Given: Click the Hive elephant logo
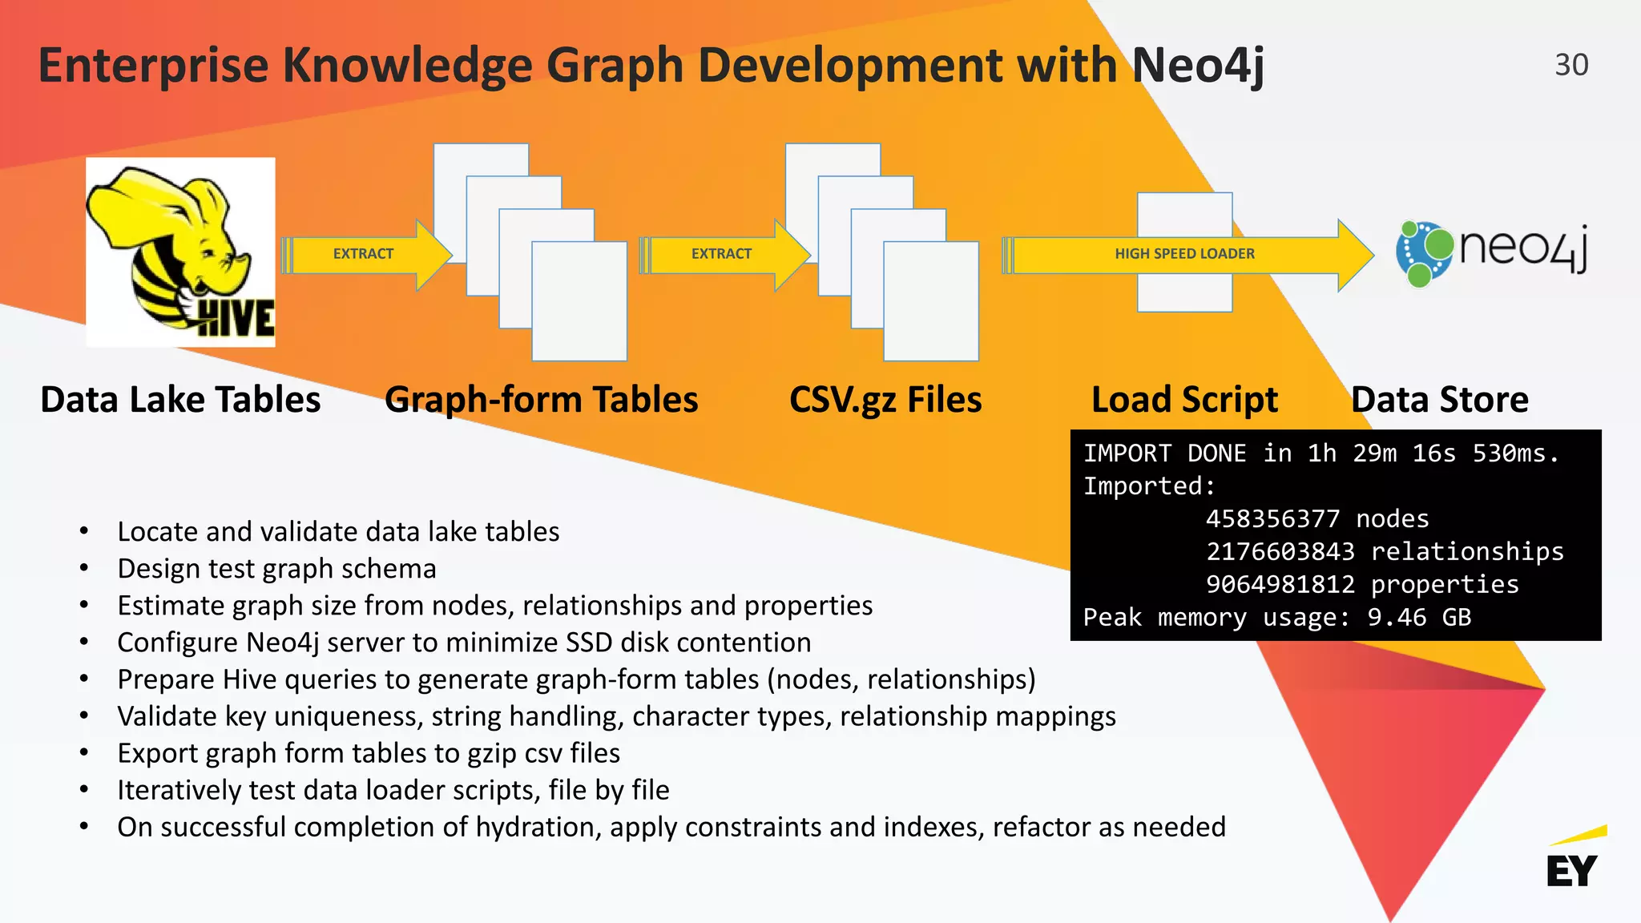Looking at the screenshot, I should pyautogui.click(x=180, y=252).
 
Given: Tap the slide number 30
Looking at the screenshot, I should pyautogui.click(x=1570, y=65).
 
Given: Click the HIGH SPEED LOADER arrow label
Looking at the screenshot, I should pyautogui.click(x=1184, y=254).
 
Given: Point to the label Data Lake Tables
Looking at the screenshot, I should pyautogui.click(x=180, y=400).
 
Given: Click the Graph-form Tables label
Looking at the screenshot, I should pyautogui.click(x=541, y=400).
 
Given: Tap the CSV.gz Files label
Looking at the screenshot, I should pyautogui.click(x=885, y=400).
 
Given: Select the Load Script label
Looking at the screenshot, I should pyautogui.click(x=1184, y=400).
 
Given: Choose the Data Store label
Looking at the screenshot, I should pyautogui.click(x=1440, y=400).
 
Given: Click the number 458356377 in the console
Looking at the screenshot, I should pyautogui.click(x=1272, y=519).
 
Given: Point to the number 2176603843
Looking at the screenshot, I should pyautogui.click(x=1280, y=552).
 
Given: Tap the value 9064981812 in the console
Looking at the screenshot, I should pyautogui.click(x=1280, y=585).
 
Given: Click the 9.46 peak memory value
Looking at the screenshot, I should pyautogui.click(x=1397, y=618).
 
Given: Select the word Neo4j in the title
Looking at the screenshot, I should pyautogui.click(x=1197, y=66).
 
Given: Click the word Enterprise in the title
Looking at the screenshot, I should pyautogui.click(x=153, y=66).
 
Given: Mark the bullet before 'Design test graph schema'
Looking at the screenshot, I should pyautogui.click(x=84, y=569).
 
